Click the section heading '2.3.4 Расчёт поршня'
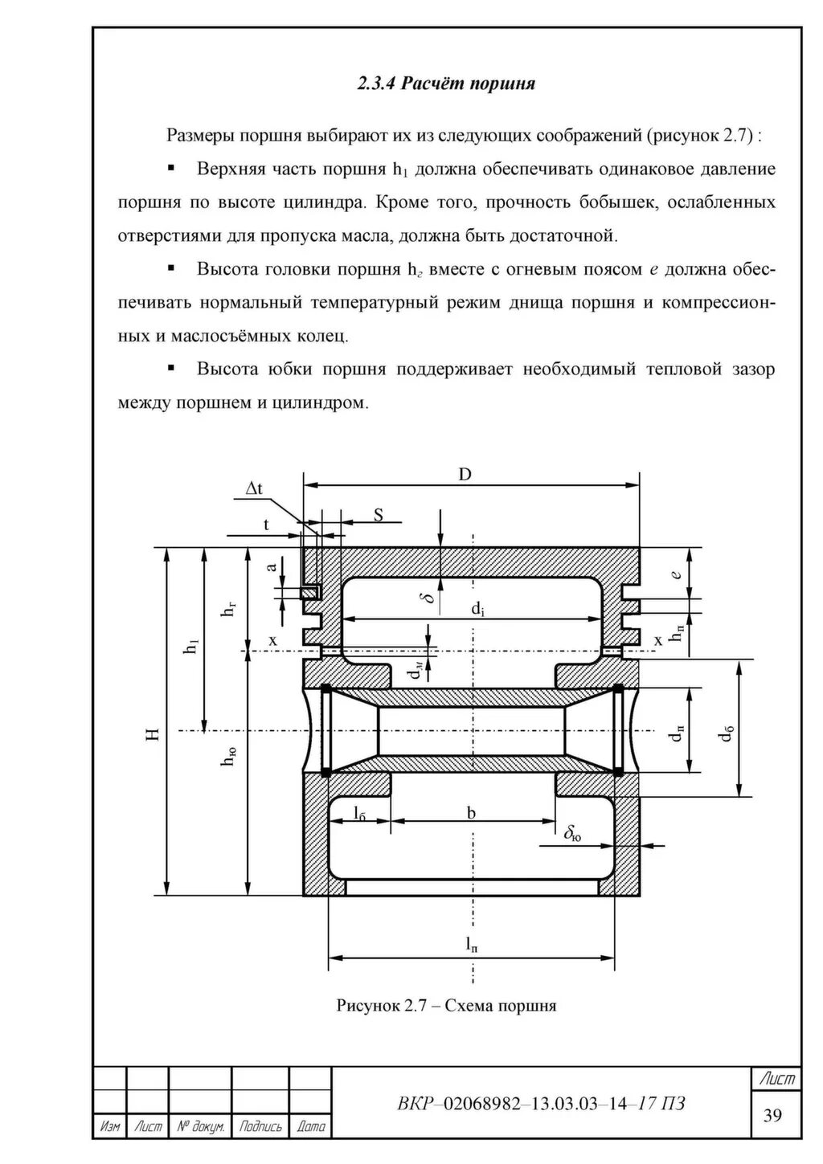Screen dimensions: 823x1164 click(446, 84)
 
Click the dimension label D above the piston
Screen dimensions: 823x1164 click(465, 474)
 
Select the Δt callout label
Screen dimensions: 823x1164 click(255, 488)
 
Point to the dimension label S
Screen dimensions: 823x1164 click(378, 515)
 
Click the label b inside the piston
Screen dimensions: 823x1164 click(472, 813)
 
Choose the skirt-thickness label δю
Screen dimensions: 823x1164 click(573, 835)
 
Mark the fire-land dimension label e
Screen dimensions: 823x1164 click(677, 574)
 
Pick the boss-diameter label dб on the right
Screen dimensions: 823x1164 click(727, 733)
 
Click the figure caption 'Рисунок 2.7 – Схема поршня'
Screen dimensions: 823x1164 click(446, 1005)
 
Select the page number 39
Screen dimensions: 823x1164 click(773, 1114)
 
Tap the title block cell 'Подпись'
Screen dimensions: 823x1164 click(260, 1127)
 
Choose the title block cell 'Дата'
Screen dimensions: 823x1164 click(310, 1127)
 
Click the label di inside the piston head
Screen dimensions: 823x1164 click(477, 610)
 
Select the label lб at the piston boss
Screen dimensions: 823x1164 click(359, 813)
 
